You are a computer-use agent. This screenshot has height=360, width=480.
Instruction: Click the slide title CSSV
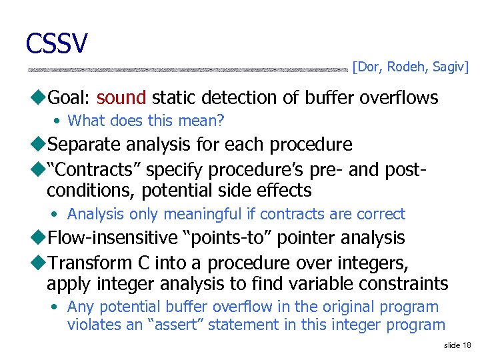coord(57,43)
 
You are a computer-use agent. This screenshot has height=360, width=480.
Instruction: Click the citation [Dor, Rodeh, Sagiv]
coord(411,67)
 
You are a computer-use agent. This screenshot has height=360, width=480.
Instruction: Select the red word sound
coord(121,98)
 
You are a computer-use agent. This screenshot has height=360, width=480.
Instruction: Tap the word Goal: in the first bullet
coord(69,98)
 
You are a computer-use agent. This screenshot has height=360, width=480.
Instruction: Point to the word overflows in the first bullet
coord(399,98)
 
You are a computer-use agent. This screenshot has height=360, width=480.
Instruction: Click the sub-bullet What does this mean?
coord(146,121)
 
